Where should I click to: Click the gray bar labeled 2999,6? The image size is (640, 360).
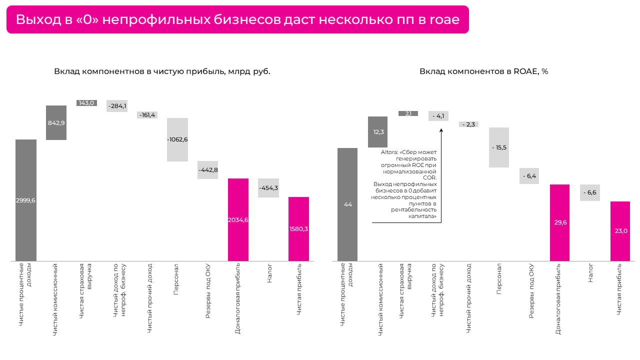pos(26,200)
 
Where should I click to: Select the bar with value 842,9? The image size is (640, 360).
pos(56,122)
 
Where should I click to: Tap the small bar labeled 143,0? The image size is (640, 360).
pos(86,103)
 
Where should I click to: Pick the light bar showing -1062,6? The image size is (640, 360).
pos(177,139)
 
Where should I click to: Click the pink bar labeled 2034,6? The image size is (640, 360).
pos(238,219)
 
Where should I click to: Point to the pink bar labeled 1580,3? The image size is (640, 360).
pos(298,228)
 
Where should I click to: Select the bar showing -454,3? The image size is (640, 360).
pos(268,188)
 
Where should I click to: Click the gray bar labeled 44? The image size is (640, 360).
pos(347,204)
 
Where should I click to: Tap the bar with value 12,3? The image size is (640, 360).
pos(378,132)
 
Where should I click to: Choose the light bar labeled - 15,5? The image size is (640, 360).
pos(499,147)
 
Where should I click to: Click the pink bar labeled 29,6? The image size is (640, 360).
pos(560,222)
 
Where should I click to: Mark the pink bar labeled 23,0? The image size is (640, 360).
pos(620,231)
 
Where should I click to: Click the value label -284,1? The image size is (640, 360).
pos(117,105)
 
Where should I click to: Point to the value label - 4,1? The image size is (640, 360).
pos(438,116)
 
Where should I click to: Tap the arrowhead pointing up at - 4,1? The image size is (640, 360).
pos(441,129)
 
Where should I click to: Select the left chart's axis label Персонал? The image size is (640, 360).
pos(176,280)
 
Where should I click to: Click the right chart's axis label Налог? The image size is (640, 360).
pos(590,273)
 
